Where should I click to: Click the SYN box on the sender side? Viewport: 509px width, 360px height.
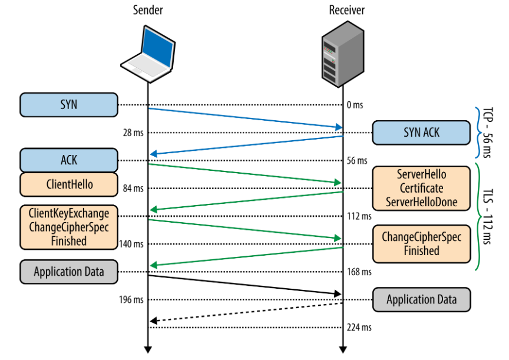(x=69, y=105)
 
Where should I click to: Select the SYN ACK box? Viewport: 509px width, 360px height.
(x=421, y=133)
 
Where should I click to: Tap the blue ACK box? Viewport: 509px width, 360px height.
(x=69, y=160)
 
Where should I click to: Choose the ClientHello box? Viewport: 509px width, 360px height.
(x=69, y=184)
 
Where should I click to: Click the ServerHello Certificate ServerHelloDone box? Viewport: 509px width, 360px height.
(x=421, y=189)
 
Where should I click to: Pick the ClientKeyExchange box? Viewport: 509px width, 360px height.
(x=69, y=227)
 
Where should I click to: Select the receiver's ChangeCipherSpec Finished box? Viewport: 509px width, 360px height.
(x=421, y=244)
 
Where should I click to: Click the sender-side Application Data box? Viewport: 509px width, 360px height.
(x=69, y=272)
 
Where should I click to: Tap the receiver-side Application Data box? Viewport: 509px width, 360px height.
(x=421, y=300)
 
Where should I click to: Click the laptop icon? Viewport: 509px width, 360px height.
(x=148, y=54)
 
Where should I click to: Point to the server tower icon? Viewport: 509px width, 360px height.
(x=343, y=54)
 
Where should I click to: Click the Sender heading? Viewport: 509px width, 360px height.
(x=148, y=10)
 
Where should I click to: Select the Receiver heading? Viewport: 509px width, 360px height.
(x=346, y=10)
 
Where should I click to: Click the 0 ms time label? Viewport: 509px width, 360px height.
(x=355, y=105)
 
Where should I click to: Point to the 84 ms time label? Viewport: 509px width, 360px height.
(x=133, y=189)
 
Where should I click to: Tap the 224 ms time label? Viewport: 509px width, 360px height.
(x=359, y=327)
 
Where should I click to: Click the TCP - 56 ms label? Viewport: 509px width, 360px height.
(x=487, y=133)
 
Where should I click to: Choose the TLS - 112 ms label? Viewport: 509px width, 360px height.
(x=487, y=216)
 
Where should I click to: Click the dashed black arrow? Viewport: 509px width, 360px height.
(x=247, y=312)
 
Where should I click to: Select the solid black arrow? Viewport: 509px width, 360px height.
(x=245, y=285)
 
